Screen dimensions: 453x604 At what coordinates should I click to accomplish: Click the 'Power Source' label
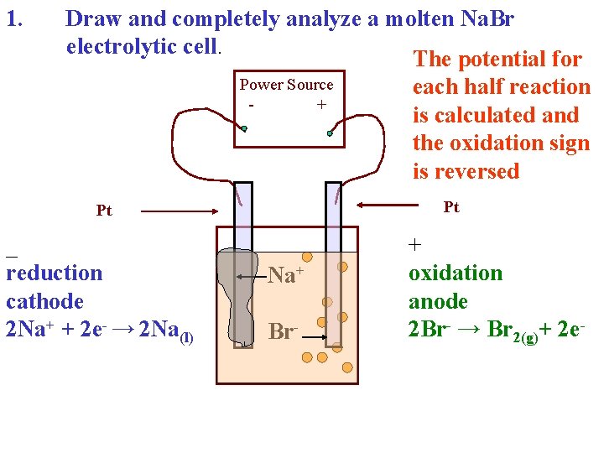pos(286,85)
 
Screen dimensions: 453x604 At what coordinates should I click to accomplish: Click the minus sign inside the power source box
pos(252,106)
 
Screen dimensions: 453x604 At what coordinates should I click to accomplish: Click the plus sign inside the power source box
pos(320,105)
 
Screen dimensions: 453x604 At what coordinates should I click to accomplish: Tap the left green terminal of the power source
pos(244,129)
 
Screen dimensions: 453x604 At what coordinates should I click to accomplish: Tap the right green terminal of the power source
pos(331,133)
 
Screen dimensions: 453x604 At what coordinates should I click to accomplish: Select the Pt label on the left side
pos(104,211)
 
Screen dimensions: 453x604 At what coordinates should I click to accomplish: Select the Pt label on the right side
pos(451,207)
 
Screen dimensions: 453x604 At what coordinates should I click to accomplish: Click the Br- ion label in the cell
pos(282,332)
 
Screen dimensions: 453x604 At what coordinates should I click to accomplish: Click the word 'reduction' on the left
pos(55,273)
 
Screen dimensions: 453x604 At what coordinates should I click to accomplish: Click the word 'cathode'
pos(45,301)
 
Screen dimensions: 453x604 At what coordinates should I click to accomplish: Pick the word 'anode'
pos(438,301)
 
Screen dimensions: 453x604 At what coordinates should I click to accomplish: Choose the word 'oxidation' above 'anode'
pos(456,273)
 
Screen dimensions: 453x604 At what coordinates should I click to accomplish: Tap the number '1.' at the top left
pos(16,18)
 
